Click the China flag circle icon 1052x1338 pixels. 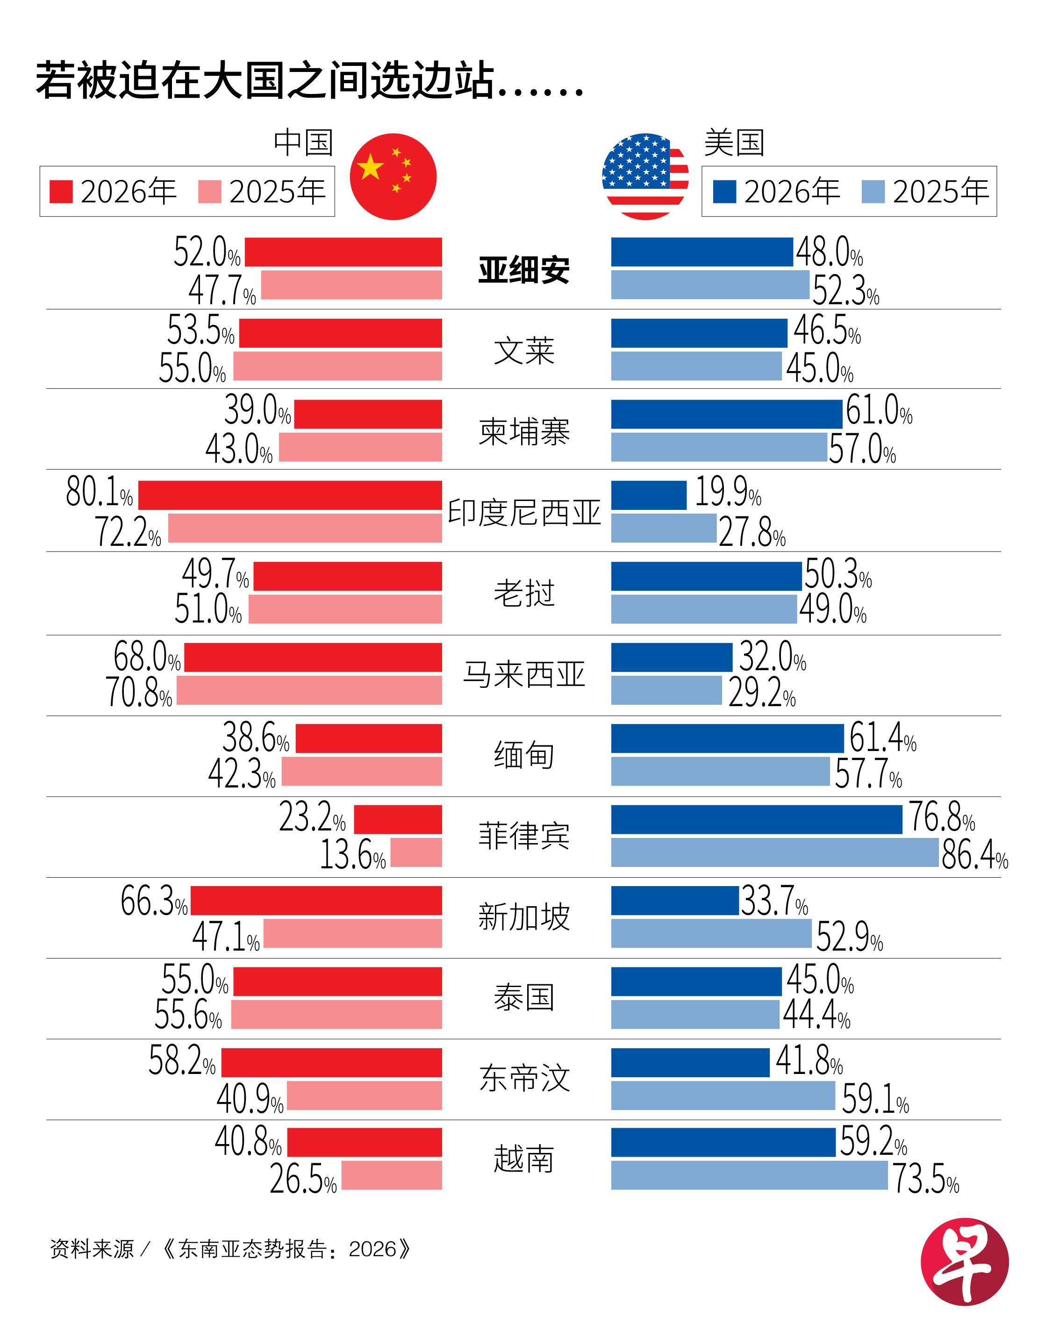[393, 176]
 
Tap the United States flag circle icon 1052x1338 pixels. [645, 176]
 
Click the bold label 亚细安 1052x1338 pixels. [524, 270]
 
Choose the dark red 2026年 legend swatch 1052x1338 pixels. [61, 192]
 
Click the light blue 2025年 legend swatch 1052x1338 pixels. [873, 192]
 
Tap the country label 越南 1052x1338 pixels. [524, 1159]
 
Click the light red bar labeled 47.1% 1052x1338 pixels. [352, 933]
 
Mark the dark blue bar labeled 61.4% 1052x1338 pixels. [727, 738]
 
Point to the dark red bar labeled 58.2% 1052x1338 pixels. [331, 1062]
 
